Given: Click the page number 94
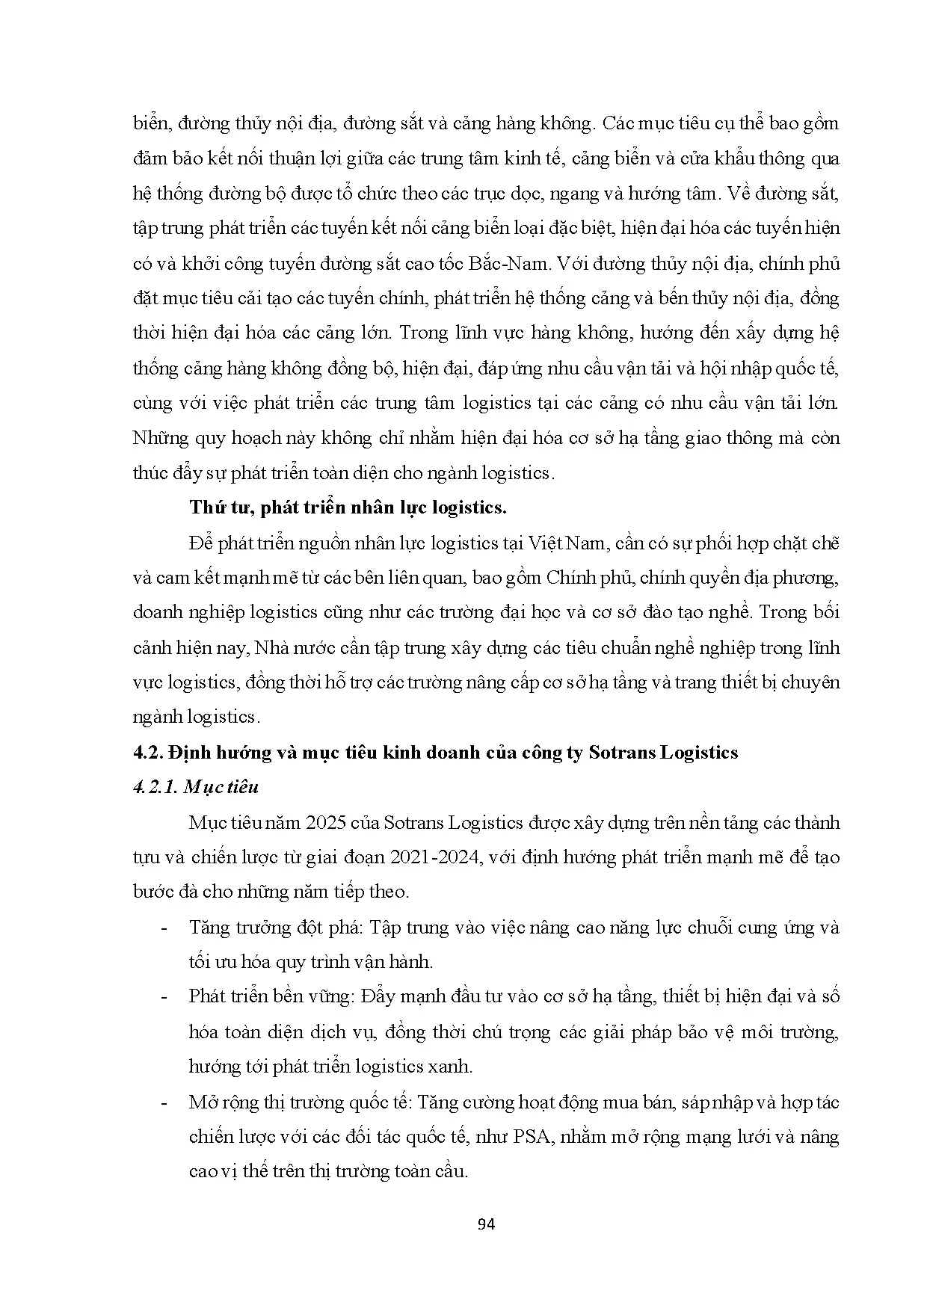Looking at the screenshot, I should click(x=486, y=1224).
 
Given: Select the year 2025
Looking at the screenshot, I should click(x=324, y=822).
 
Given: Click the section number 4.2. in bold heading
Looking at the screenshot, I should click(x=147, y=751).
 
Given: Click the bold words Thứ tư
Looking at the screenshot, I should click(x=215, y=507).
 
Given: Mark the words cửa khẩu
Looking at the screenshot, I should click(x=721, y=158).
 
